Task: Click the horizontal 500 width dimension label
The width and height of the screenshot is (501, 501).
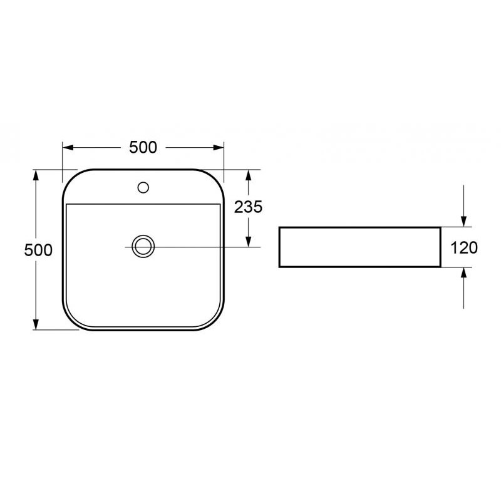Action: coord(143,147)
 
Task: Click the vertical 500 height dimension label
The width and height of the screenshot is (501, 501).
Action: coord(38,250)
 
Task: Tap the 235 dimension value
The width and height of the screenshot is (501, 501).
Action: coord(248,207)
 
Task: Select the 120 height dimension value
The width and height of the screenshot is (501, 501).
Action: coord(464,247)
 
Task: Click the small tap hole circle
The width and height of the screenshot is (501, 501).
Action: coord(143,187)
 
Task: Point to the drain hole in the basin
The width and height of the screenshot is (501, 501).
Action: coord(143,246)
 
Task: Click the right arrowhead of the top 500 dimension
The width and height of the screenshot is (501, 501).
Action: coord(218,147)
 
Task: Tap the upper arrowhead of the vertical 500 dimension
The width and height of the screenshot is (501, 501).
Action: coord(36,175)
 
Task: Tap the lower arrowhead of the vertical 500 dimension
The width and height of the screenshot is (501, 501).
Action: coord(36,324)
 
